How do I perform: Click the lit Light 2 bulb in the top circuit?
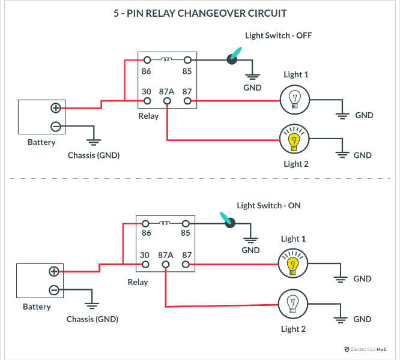294,140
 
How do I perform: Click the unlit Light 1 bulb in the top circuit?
294,99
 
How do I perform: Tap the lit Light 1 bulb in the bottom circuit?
292,264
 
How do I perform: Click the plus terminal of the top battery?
55,108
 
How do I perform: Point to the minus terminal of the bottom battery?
53,290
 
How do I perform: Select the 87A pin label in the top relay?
166,91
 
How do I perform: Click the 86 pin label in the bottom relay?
147,233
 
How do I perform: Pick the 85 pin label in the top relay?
187,71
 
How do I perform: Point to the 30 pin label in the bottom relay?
145,255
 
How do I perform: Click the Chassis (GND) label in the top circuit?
94,155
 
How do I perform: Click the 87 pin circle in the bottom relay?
186,265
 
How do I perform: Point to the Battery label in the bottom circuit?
37,307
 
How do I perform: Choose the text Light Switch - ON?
268,205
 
